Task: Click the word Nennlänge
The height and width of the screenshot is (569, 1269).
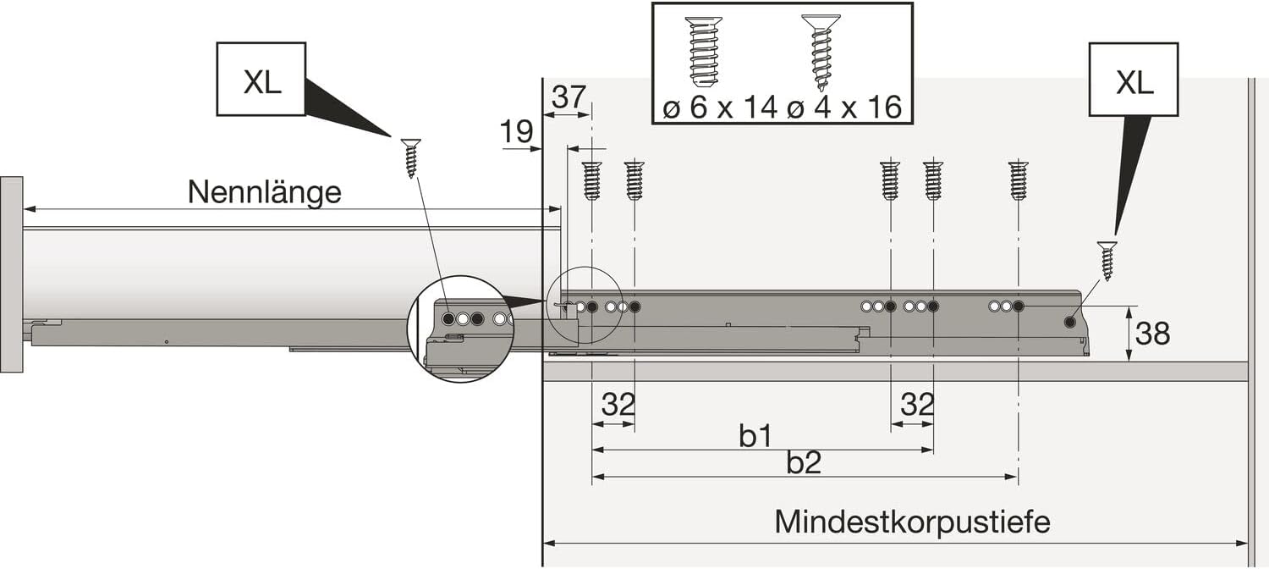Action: pos(265,192)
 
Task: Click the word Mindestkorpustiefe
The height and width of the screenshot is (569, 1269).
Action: pos(912,522)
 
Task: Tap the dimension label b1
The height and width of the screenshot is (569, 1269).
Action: pos(755,436)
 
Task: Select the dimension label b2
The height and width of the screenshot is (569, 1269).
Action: pos(804,463)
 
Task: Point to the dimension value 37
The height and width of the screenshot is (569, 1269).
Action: pos(569,97)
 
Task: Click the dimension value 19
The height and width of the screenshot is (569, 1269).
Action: pos(516,131)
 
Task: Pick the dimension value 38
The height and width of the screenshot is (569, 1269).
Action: pos(1152,334)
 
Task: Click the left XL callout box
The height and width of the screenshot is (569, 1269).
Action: pos(261,80)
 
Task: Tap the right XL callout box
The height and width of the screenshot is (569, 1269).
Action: pos(1134,80)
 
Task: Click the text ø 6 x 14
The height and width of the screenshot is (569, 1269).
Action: pos(719,108)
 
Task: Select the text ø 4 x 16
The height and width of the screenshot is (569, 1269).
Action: pos(844,108)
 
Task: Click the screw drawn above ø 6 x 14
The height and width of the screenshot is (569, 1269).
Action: pos(704,52)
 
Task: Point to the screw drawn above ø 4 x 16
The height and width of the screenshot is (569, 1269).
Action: pos(821,52)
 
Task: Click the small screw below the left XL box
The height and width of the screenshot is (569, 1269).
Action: pos(410,158)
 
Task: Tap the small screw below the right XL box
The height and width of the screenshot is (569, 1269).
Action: pos(1107,261)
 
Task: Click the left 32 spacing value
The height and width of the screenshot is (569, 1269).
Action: pos(618,405)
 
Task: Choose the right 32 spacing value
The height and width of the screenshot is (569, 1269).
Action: pos(917,405)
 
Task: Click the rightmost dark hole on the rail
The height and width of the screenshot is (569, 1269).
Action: pos(1069,323)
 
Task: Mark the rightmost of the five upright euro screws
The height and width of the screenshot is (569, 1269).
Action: pos(1019,181)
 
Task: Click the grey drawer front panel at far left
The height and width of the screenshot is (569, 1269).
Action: pos(11,274)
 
